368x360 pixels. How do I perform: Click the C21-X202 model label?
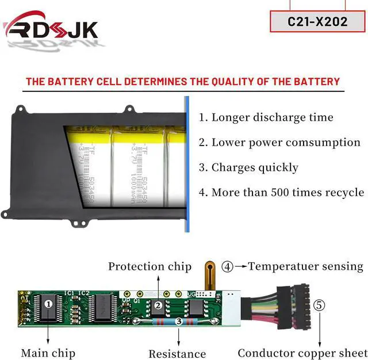[x=317, y=21]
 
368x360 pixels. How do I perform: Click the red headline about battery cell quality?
[x=183, y=82]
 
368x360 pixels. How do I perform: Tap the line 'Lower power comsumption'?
[x=279, y=143]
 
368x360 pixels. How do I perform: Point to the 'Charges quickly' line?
[x=248, y=167]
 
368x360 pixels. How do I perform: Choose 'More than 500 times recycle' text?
[x=281, y=192]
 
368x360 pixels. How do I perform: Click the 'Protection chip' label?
[x=149, y=266]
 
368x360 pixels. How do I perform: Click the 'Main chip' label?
[x=48, y=353]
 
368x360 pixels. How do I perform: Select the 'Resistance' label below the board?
[x=177, y=354]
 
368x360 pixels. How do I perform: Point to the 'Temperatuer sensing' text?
[x=305, y=266]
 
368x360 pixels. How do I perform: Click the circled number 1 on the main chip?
[x=49, y=302]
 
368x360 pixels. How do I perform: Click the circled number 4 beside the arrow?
[x=228, y=266]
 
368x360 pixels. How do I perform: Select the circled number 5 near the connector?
[x=319, y=305]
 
